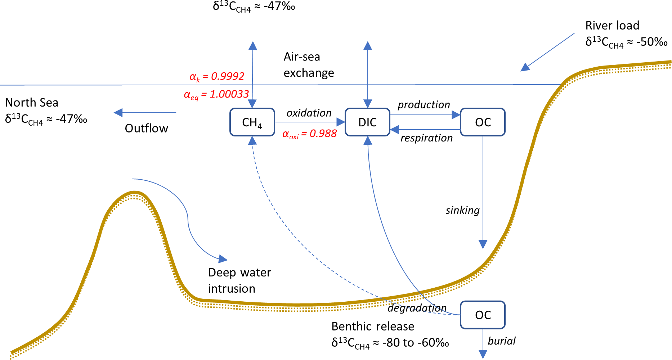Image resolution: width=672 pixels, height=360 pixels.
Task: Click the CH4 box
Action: pos(252,122)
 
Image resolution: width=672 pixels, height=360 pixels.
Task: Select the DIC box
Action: pos(367,122)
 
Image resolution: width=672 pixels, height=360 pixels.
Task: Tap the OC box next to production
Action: pos(483,122)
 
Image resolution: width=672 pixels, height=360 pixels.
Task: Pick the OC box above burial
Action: pos(483,315)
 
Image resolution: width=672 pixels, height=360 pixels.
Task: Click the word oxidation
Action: pos(309,113)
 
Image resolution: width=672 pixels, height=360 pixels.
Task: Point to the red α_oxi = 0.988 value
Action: pos(310,134)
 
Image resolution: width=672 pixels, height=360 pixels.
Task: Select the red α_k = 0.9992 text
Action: pos(217,76)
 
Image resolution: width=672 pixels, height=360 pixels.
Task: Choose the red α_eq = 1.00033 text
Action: pos(216,94)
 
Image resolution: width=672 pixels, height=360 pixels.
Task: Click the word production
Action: pos(424,105)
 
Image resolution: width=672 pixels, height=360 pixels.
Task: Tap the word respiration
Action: pos(427,138)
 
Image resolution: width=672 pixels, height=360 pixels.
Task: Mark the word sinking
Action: pos(463,210)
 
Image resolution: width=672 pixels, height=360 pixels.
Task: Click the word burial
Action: pos(502,341)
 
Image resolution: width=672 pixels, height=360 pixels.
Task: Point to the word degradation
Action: pos(417,308)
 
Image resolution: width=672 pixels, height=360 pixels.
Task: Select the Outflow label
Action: pos(147,129)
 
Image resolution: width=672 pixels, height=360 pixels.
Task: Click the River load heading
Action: pos(612,26)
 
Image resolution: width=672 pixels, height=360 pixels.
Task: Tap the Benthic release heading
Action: pos(373,327)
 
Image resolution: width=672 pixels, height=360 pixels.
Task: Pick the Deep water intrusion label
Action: pos(239,280)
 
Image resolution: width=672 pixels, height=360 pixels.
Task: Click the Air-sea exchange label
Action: pos(309,65)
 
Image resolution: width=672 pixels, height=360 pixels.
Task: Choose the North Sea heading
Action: pos(32,103)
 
